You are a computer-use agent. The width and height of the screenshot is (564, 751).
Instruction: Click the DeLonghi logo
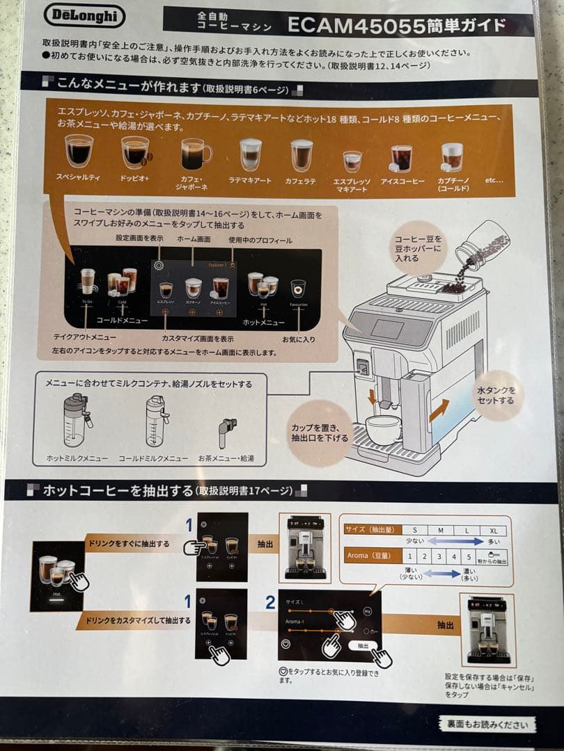pos(85,16)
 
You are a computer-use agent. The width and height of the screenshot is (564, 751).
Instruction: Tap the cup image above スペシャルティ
pos(79,150)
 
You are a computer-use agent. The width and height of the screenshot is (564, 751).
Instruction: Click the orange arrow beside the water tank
pos(438,410)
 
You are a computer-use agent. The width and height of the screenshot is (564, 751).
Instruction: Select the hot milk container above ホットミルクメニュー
pos(75,421)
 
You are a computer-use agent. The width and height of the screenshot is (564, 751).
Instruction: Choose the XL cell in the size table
pos(494,530)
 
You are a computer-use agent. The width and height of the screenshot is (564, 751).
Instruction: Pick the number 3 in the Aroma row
pos(439,556)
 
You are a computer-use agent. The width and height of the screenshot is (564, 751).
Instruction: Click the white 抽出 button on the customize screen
pos(363,646)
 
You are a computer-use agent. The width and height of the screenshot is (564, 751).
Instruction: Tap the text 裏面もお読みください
pos(487,724)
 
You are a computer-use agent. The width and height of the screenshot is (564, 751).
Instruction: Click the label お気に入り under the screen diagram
pos(297,339)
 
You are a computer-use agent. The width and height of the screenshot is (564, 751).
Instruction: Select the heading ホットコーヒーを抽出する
pos(118,491)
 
